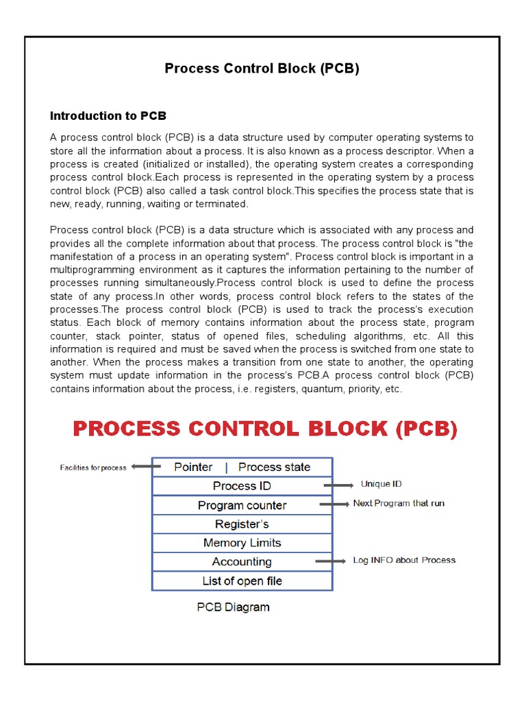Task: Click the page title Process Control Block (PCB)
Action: coord(262,68)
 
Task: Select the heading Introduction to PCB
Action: coord(108,116)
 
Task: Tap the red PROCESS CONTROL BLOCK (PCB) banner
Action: coord(264,429)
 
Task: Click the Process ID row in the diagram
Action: coord(242,486)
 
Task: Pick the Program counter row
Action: coord(242,505)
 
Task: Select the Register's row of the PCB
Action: coord(242,524)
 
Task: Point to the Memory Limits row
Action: coord(242,543)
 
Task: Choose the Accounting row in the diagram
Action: coord(242,562)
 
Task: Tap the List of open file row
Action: coord(242,581)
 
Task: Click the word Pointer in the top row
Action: coord(193,467)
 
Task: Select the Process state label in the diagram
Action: coord(274,467)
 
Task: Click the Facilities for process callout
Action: coord(93,468)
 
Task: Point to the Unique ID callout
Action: coord(381,484)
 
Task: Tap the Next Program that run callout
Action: coord(399,503)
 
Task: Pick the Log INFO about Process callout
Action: coord(404,560)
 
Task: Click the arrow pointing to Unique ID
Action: coord(338,485)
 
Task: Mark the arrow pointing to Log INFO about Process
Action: coord(331,561)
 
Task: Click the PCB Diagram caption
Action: coord(233,607)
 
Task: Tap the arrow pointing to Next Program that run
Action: coord(334,505)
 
